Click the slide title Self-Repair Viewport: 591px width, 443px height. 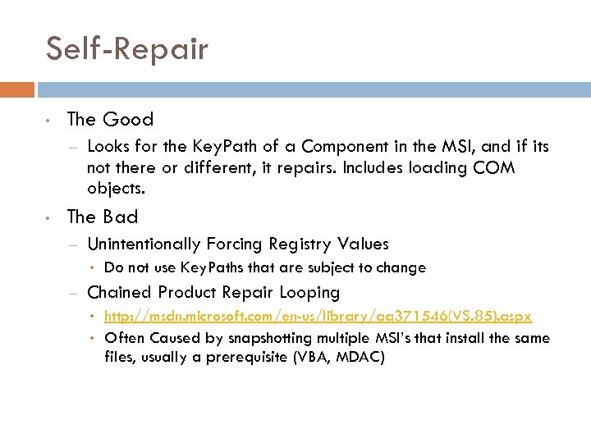pyautogui.click(x=127, y=49)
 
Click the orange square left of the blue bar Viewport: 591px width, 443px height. pyautogui.click(x=17, y=89)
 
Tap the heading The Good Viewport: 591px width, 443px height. pyautogui.click(x=110, y=120)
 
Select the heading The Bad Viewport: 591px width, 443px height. pyautogui.click(x=103, y=217)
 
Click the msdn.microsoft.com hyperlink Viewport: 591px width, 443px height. pyautogui.click(x=318, y=317)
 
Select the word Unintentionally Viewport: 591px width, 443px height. pyautogui.click(x=144, y=244)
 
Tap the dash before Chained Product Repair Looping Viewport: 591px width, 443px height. pyautogui.click(x=73, y=293)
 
